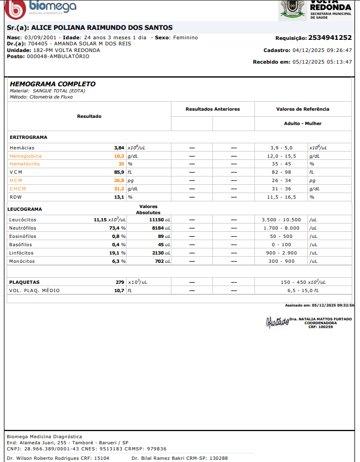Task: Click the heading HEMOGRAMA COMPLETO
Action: [53, 84]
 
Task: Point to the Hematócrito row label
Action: [25, 164]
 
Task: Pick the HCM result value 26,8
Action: [119, 180]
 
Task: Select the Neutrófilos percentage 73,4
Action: [115, 227]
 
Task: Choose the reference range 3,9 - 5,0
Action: [281, 148]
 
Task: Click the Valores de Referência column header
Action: [302, 109]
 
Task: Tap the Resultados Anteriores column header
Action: [213, 109]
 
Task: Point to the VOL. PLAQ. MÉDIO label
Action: [34, 290]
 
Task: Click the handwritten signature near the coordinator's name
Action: [277, 321]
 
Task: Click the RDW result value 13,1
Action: [118, 197]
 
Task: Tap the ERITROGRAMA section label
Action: [28, 137]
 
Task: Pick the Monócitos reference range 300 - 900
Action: [281, 261]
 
